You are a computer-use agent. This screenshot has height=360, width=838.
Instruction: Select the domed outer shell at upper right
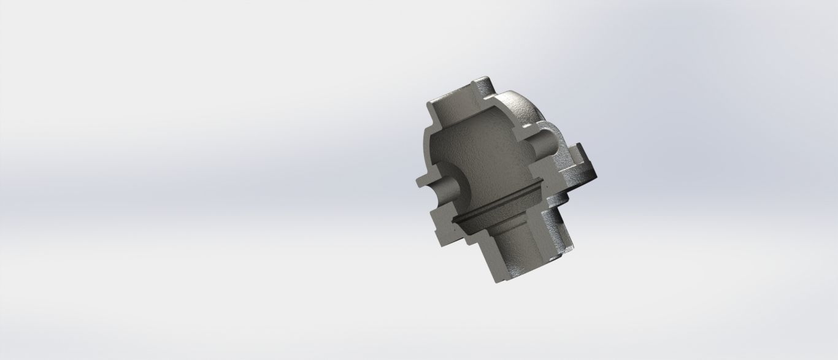coord(521,110)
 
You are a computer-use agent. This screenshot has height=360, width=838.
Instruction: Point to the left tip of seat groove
coord(455,219)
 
